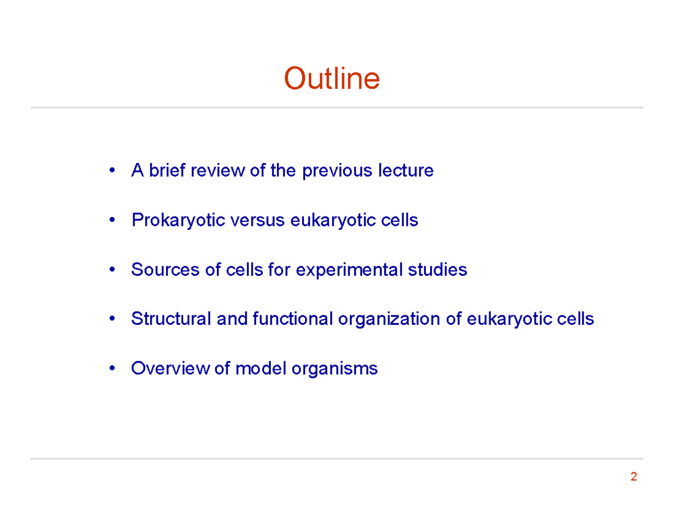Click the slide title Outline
[x=331, y=79]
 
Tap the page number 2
[x=634, y=478]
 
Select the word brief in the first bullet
[x=168, y=170]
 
